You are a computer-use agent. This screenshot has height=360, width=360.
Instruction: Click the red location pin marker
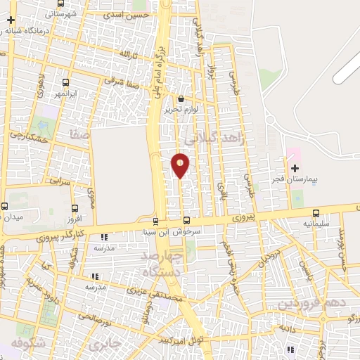(x=181, y=165)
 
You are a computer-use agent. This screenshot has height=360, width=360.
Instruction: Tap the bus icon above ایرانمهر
(x=66, y=82)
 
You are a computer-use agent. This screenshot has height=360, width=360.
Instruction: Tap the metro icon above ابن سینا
(x=155, y=222)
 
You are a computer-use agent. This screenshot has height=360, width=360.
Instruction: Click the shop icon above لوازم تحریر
(x=181, y=99)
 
